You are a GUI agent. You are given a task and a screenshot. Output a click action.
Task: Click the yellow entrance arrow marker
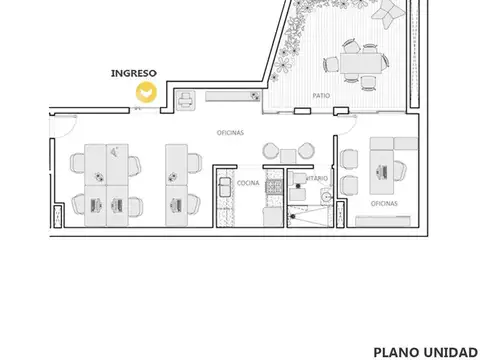(x=146, y=93)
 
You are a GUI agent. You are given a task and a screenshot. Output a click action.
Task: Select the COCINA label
(x=248, y=184)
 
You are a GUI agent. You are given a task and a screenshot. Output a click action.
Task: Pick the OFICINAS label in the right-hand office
(x=384, y=203)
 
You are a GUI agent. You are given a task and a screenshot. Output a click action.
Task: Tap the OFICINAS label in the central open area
(x=232, y=133)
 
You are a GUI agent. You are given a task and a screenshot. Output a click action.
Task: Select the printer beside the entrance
(x=185, y=99)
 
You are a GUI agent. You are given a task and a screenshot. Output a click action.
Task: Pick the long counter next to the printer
(x=231, y=97)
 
